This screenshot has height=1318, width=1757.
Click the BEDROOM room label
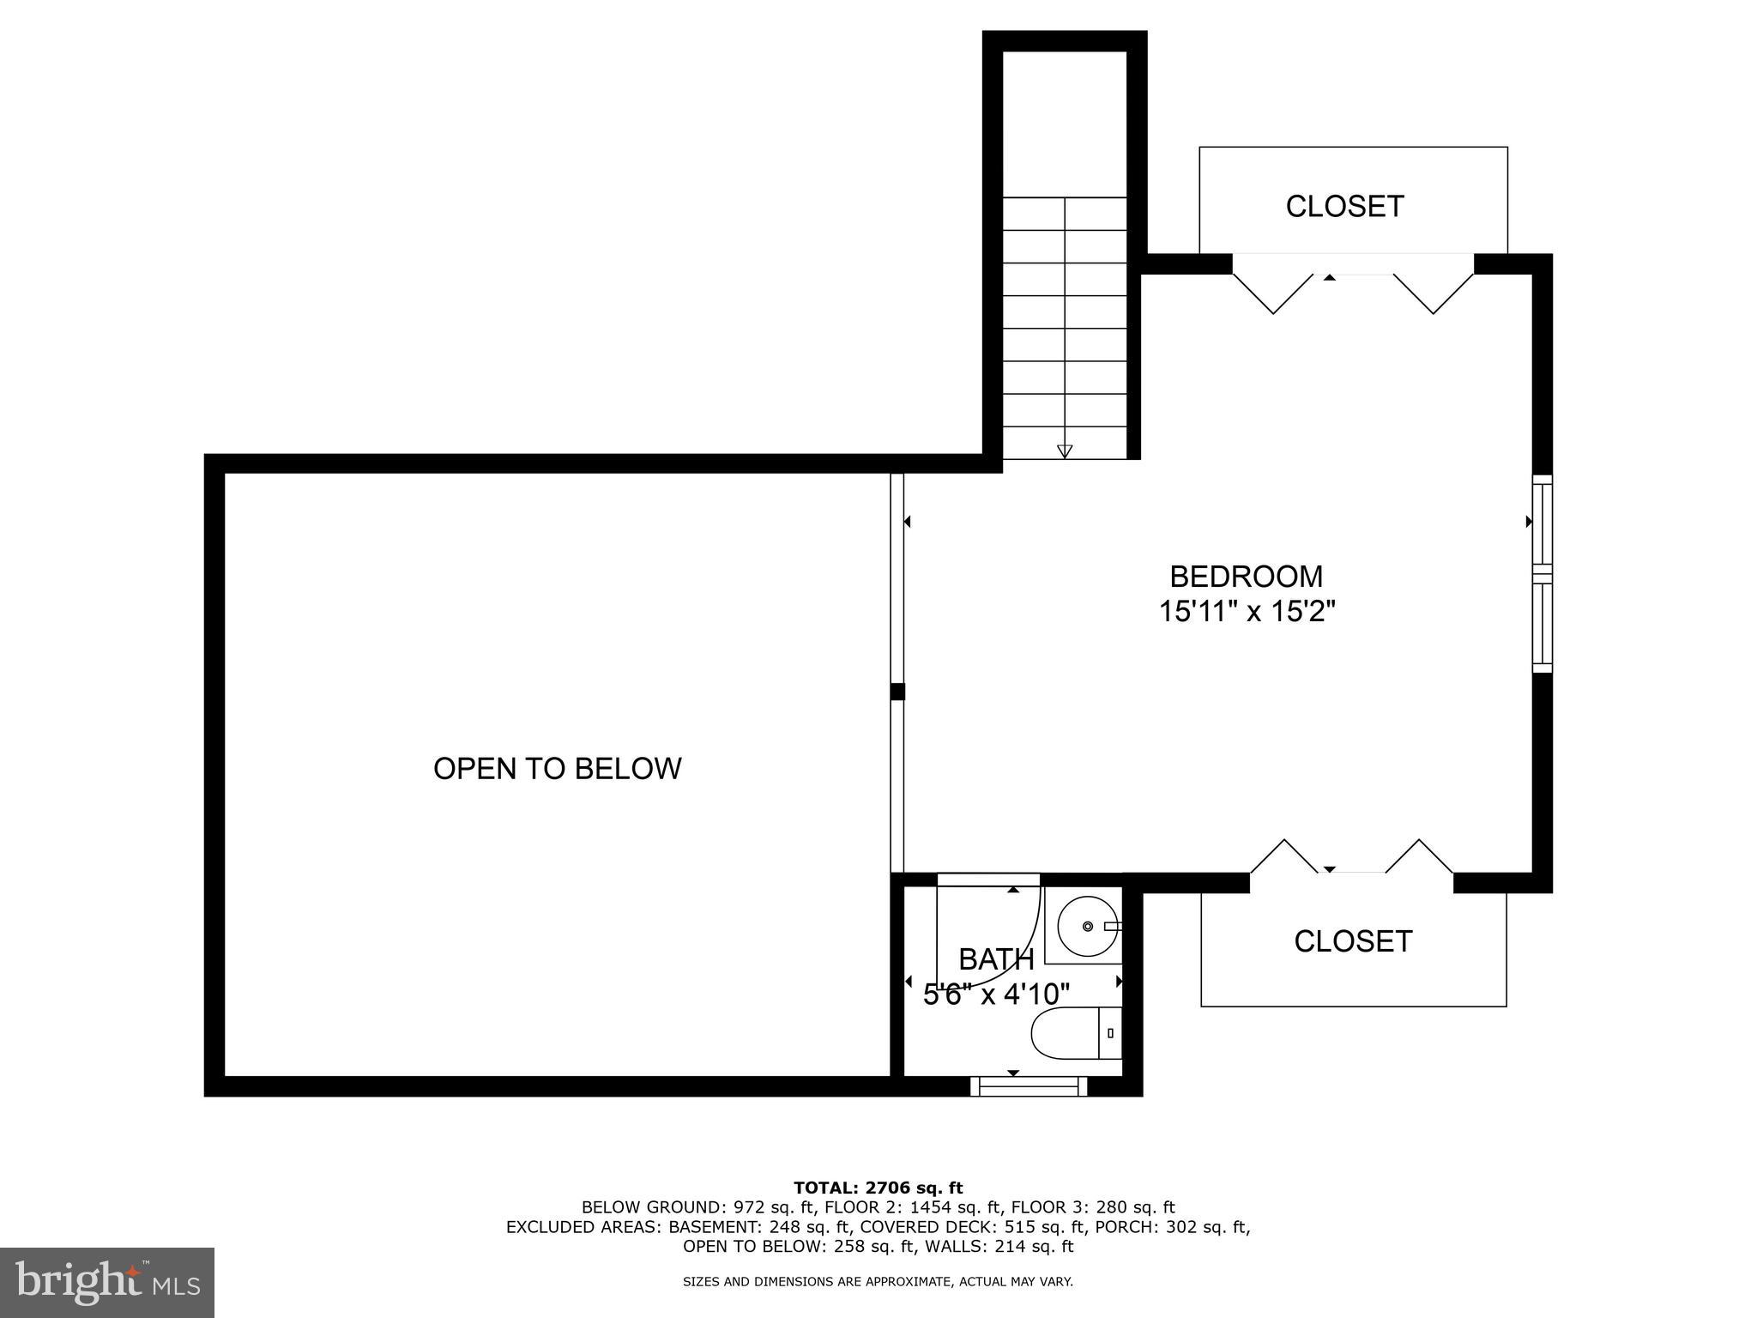(x=1246, y=576)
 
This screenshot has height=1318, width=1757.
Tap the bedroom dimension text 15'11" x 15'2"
(x=1247, y=612)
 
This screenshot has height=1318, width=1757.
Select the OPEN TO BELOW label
(x=557, y=768)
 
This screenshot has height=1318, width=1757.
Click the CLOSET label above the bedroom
(x=1344, y=207)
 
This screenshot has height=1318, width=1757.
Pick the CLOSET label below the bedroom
(x=1353, y=941)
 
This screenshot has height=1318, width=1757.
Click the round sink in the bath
(x=1087, y=926)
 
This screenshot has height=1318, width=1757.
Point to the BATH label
(x=996, y=958)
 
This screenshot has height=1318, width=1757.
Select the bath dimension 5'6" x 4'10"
(x=996, y=995)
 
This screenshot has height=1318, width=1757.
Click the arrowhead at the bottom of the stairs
(x=1065, y=450)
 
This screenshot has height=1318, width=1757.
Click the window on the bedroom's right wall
(x=1542, y=573)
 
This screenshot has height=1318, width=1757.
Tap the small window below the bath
(x=1029, y=1086)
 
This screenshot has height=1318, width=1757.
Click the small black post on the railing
(x=897, y=691)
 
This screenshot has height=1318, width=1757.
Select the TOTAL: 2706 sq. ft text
(x=878, y=1188)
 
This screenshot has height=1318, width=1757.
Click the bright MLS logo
(x=107, y=1282)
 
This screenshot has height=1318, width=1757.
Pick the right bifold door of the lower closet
(x=1419, y=856)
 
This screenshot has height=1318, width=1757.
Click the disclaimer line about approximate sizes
(x=878, y=1282)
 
